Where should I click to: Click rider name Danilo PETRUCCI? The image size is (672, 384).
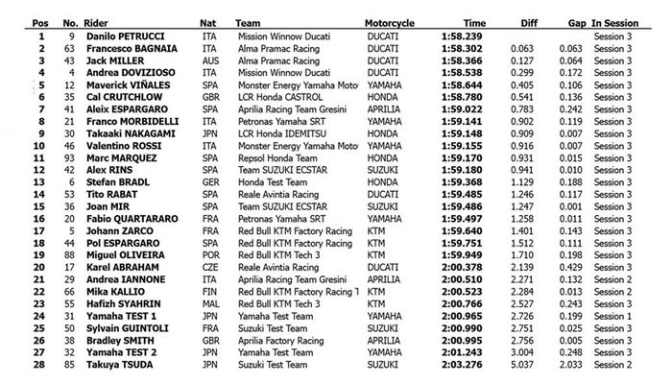[x=123, y=36]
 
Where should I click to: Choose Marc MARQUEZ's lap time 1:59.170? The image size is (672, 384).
[x=467, y=157]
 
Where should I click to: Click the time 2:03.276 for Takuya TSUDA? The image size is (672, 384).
[x=467, y=365]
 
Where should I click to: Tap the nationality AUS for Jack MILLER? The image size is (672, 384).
[x=207, y=60]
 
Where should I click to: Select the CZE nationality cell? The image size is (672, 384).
[x=207, y=267]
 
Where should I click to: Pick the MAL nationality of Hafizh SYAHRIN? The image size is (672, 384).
[x=207, y=303]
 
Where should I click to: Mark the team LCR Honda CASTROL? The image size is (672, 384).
[x=275, y=96]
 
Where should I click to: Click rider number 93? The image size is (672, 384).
[x=68, y=157]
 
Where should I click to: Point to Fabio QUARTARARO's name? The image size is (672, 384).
[x=125, y=218]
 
